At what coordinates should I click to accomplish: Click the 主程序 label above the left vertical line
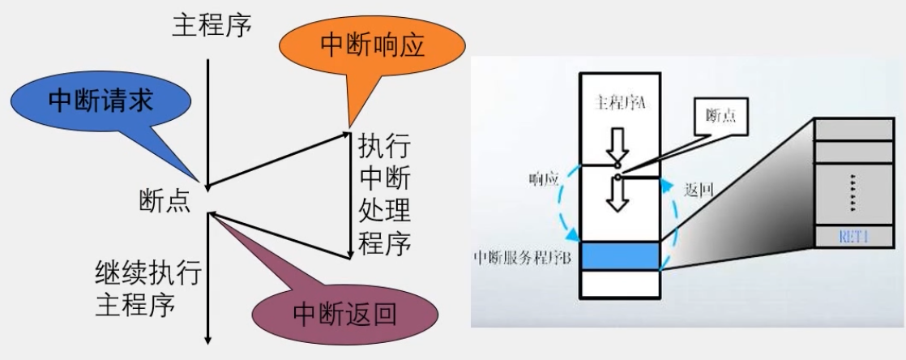[212, 24]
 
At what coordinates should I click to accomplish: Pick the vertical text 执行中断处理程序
[383, 195]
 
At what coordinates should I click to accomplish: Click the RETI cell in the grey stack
[856, 236]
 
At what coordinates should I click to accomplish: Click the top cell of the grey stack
[856, 129]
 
